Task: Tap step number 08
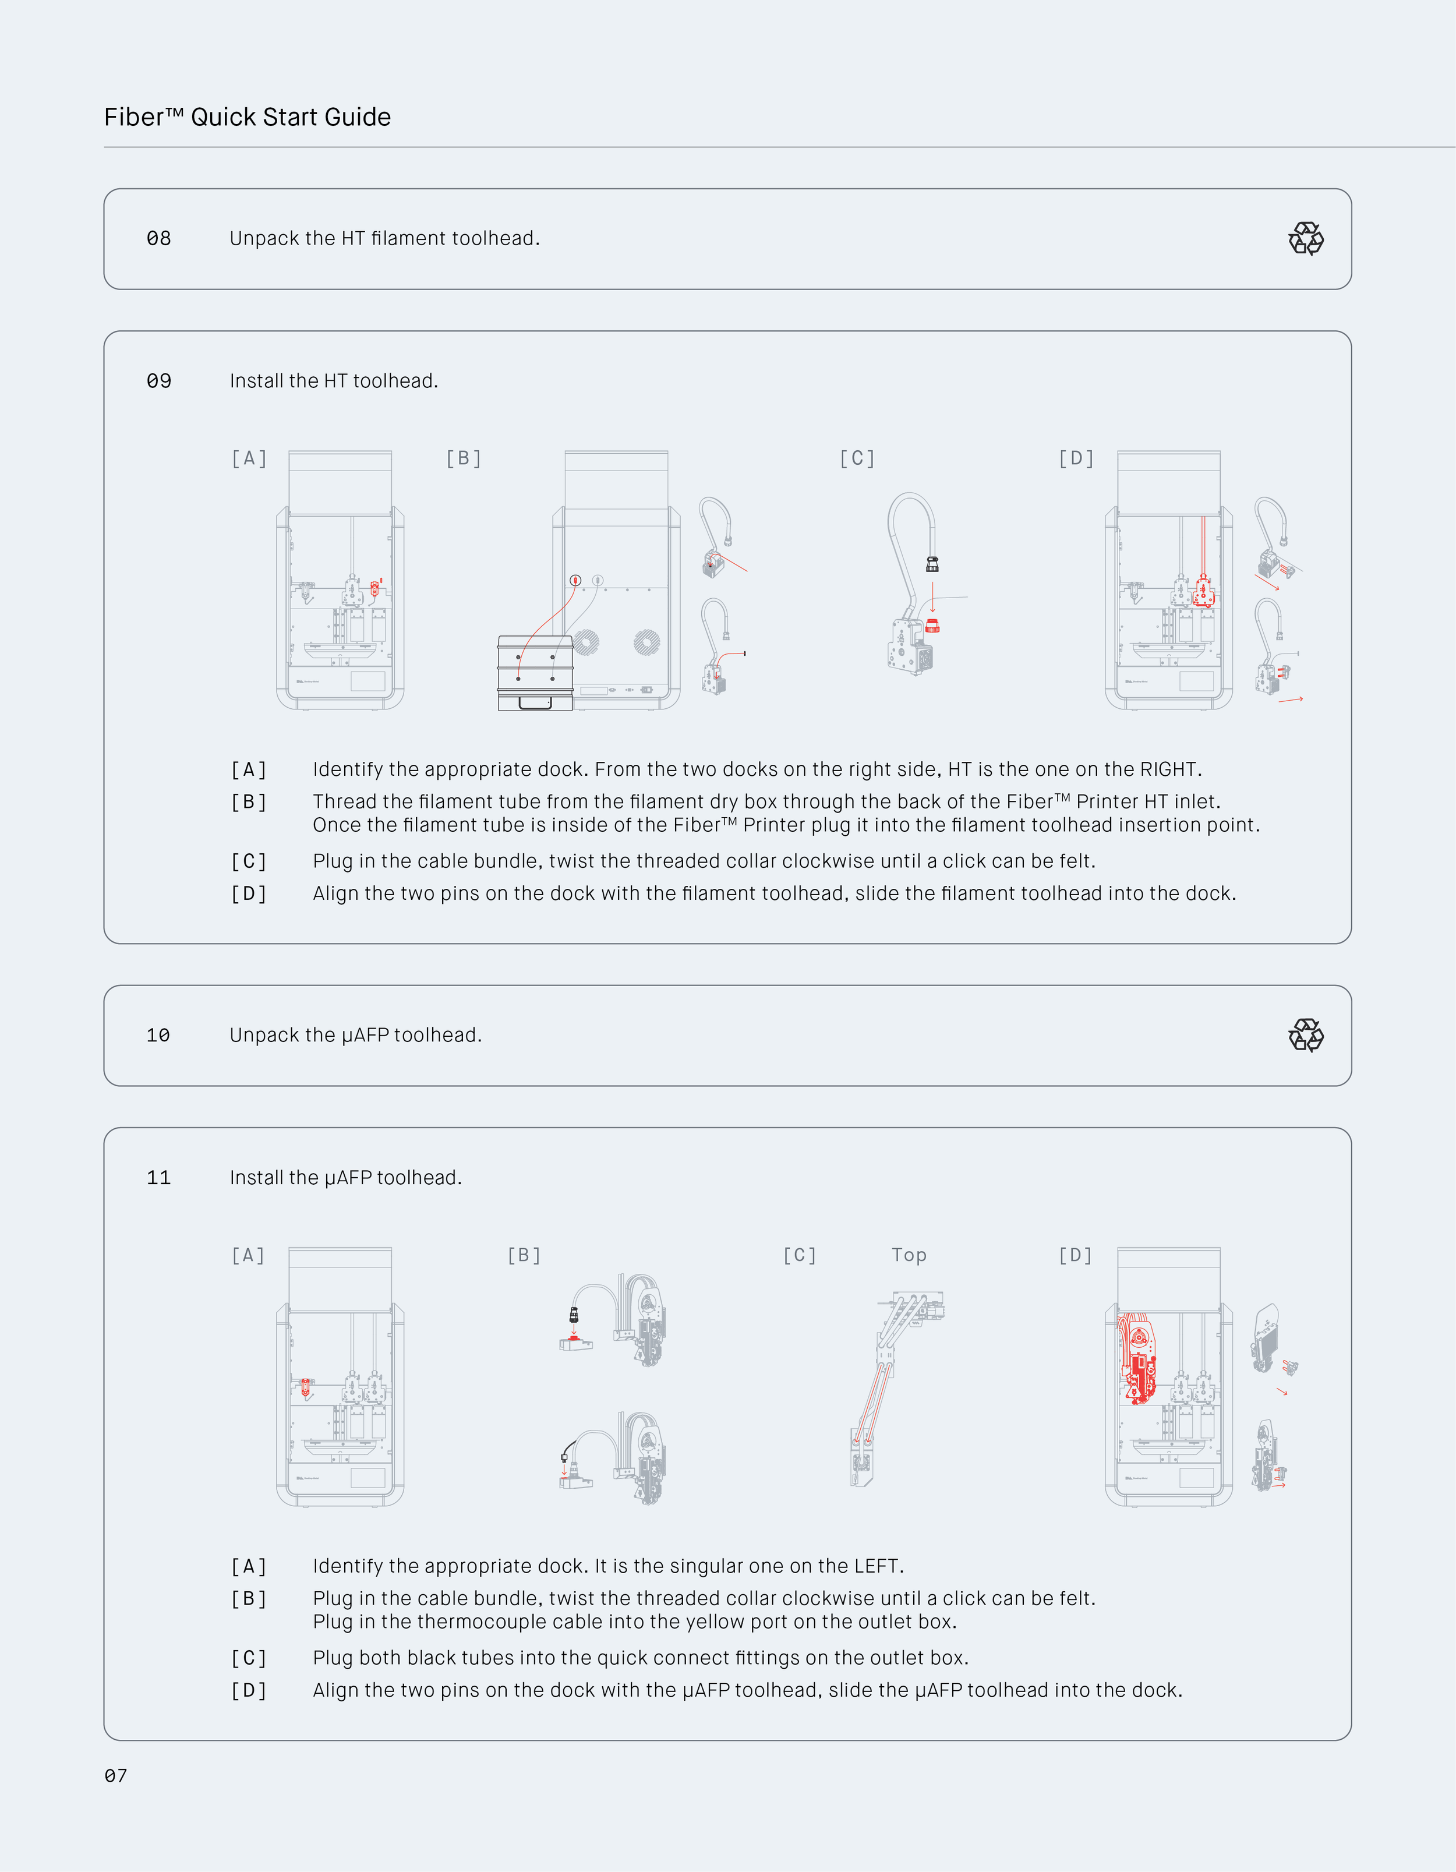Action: [x=158, y=238]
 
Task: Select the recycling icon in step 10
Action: [x=1305, y=1036]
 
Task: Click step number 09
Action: [x=158, y=380]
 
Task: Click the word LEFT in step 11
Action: [x=876, y=1566]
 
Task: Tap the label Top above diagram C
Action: [x=909, y=1255]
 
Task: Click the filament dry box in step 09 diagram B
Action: [x=535, y=673]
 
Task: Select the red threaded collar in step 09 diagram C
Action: [x=932, y=626]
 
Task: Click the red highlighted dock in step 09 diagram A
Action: [x=374, y=588]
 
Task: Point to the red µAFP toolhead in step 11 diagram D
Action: [x=1137, y=1359]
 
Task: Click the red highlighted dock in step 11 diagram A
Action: [x=305, y=1387]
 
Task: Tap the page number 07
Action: [x=116, y=1776]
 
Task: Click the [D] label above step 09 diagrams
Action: [x=1076, y=458]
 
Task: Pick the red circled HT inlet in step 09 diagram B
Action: [x=576, y=580]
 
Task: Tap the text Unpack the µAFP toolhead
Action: [x=356, y=1036]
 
